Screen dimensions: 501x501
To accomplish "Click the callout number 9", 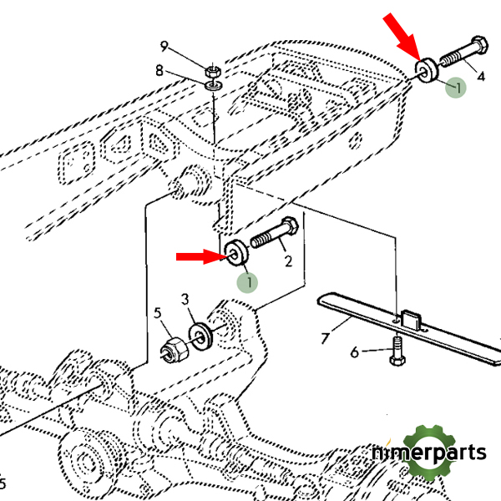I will [164, 45].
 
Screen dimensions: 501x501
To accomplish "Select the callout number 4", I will [480, 77].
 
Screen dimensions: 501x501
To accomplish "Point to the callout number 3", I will [185, 298].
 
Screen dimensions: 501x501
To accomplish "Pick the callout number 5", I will [155, 314].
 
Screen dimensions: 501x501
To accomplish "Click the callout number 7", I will [326, 337].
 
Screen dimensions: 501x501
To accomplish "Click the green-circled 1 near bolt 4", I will [455, 86].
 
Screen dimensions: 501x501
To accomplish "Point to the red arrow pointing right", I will [199, 256].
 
